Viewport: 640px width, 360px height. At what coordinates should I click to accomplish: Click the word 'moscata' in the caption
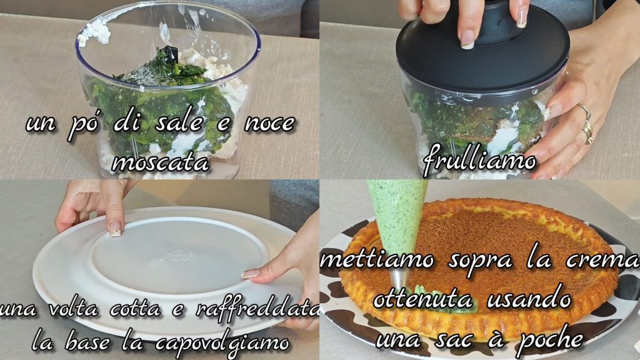point(160,162)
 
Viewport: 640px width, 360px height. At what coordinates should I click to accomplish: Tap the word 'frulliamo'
point(479,160)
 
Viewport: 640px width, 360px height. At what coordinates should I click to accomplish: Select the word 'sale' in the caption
point(179,123)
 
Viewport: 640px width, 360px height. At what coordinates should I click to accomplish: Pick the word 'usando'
point(529,298)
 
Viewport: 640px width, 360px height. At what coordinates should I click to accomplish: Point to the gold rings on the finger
point(586,123)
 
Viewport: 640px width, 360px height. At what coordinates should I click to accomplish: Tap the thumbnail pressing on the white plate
point(115,229)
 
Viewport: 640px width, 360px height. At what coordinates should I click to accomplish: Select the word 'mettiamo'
point(377,260)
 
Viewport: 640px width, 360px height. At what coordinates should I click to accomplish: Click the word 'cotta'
point(135,308)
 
